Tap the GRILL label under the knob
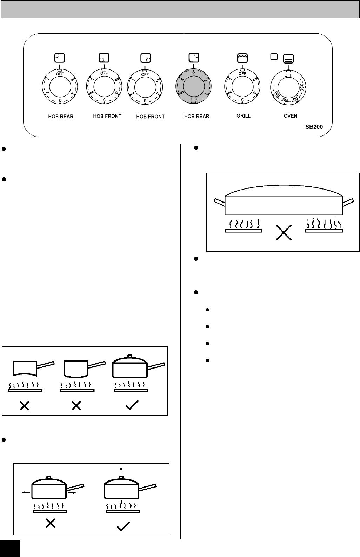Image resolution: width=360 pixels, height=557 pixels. (x=244, y=115)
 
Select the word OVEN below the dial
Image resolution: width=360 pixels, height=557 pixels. (x=291, y=116)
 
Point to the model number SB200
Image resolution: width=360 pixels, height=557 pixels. (x=314, y=127)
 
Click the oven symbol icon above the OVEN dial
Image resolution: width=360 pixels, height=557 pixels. (x=288, y=59)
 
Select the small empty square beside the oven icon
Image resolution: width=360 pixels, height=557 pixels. (x=274, y=56)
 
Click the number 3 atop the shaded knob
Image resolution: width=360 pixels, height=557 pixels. (x=193, y=72)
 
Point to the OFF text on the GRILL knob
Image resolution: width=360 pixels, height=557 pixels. (x=242, y=74)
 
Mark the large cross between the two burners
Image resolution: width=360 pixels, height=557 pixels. (x=284, y=233)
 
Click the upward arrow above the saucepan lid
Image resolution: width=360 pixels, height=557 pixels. (x=121, y=470)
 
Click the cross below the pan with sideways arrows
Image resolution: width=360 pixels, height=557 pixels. (x=51, y=523)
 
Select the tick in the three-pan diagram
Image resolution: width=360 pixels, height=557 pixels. (x=132, y=405)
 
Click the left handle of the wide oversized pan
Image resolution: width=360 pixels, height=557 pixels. (x=219, y=202)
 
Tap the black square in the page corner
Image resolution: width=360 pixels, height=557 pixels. (x=10, y=548)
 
